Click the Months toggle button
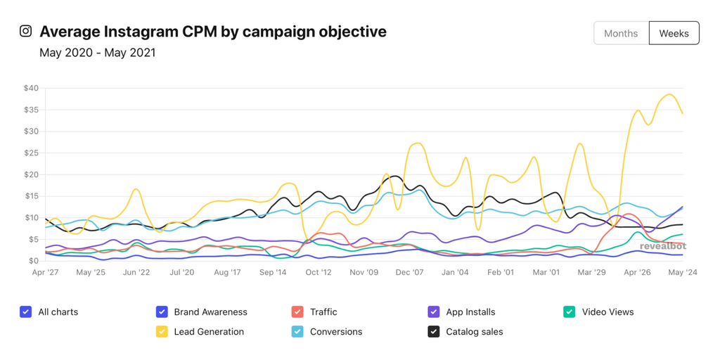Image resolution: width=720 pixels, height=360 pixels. pyautogui.click(x=621, y=33)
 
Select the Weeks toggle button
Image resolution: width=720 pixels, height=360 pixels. pyautogui.click(x=674, y=33)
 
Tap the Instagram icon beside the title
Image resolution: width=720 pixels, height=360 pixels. pyautogui.click(x=26, y=31)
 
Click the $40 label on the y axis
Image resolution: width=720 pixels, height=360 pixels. pyautogui.click(x=31, y=88)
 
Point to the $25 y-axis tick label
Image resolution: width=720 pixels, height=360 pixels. pyautogui.click(x=31, y=153)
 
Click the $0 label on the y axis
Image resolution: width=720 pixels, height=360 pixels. pyautogui.click(x=34, y=261)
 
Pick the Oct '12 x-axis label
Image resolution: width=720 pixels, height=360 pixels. pyautogui.click(x=318, y=272)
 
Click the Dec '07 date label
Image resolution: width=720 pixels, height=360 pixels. pyautogui.click(x=409, y=272)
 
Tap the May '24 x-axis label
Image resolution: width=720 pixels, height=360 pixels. pyautogui.click(x=682, y=272)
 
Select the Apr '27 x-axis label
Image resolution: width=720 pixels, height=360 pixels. pyautogui.click(x=46, y=272)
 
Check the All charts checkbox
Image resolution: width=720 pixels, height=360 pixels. pyautogui.click(x=26, y=312)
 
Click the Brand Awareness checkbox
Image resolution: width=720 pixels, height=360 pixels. pyautogui.click(x=162, y=312)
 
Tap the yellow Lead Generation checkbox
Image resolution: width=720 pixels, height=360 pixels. pyautogui.click(x=162, y=332)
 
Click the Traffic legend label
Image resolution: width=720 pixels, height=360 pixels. pyautogui.click(x=323, y=312)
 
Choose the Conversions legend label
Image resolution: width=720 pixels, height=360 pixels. pyautogui.click(x=336, y=332)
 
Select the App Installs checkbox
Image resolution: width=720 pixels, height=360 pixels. pyautogui.click(x=434, y=312)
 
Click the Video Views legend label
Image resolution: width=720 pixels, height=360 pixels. pyautogui.click(x=607, y=312)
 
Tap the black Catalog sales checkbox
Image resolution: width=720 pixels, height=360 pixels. pyautogui.click(x=434, y=332)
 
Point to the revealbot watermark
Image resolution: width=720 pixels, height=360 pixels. pyautogui.click(x=662, y=246)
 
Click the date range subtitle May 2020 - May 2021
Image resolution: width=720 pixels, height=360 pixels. pyautogui.click(x=97, y=53)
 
